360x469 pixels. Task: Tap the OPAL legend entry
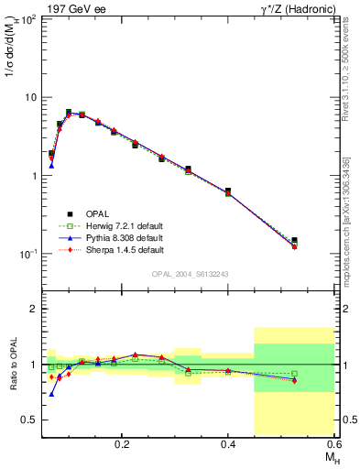tap(95, 213)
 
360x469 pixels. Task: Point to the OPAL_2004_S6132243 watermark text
tap(190, 274)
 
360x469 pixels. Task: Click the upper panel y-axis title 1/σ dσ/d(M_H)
tap(14, 50)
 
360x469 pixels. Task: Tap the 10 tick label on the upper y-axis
tap(30, 97)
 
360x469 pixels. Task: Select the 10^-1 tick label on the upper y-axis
tap(28, 253)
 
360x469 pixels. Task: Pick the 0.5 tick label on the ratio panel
tap(30, 420)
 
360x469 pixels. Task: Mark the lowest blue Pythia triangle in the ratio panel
tap(51, 394)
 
